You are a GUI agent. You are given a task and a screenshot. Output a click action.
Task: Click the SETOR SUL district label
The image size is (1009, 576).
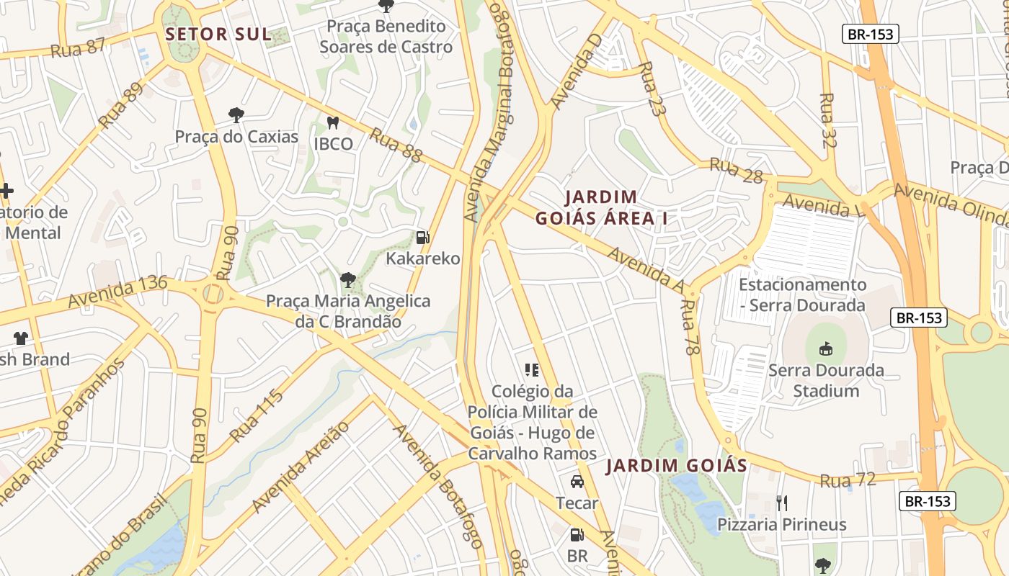coord(218,34)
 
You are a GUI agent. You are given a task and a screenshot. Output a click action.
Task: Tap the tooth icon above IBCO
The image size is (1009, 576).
coord(333,123)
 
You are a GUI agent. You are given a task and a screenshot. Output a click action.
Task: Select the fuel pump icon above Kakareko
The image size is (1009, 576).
coord(423,237)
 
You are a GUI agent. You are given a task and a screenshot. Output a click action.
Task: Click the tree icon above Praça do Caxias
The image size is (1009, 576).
coord(236,115)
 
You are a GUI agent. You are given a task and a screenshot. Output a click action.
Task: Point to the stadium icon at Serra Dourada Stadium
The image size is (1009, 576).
coord(825,349)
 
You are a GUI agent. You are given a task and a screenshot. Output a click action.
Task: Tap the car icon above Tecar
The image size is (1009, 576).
coord(577,482)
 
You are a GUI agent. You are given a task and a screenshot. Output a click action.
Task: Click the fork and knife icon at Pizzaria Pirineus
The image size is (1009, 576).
coord(782,503)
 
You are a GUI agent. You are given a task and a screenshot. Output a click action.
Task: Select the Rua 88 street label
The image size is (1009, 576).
coord(396,145)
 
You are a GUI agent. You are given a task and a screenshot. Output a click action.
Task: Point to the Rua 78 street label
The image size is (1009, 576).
coord(690,328)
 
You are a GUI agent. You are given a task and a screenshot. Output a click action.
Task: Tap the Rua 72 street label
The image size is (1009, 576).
coord(848,480)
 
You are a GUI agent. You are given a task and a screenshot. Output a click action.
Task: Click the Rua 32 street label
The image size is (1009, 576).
coord(828,120)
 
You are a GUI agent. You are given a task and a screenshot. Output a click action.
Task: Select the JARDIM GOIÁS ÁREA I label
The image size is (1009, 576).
coord(601,207)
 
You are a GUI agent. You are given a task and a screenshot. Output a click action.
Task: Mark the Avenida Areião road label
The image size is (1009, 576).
coord(301,467)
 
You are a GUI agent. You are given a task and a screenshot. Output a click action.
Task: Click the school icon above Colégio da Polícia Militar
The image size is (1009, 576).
coord(532,370)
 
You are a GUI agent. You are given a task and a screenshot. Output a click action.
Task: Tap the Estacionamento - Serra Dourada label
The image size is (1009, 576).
coord(801,294)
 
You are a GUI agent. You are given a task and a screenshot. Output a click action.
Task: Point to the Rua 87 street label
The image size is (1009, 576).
coord(78,48)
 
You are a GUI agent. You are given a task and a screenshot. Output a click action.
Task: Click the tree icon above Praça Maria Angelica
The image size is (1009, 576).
coord(348,279)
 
